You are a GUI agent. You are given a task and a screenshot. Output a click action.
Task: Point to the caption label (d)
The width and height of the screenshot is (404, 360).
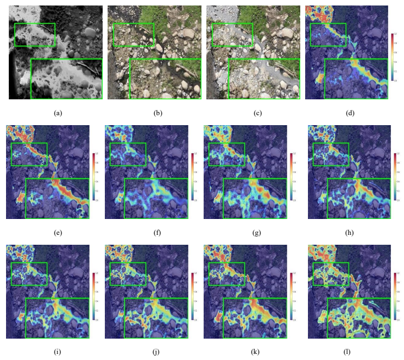pyautogui.click(x=351, y=114)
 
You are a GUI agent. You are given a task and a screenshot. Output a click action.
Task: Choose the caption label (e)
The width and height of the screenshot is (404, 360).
pyautogui.click(x=57, y=232)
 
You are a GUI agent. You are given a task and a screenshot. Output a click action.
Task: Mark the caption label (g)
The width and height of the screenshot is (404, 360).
pyautogui.click(x=255, y=232)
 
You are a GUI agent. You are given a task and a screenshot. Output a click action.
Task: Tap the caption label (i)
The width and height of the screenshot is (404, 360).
pyautogui.click(x=57, y=351)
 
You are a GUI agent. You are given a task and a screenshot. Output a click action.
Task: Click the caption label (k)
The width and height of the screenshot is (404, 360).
pyautogui.click(x=255, y=351)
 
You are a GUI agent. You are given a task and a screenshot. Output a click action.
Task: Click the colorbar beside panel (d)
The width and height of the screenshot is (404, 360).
pyautogui.click(x=392, y=57)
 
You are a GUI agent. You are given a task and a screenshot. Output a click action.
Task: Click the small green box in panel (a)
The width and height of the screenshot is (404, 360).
pyautogui.click(x=35, y=35)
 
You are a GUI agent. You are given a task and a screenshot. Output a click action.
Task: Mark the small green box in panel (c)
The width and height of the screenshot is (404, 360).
pyautogui.click(x=232, y=35)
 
